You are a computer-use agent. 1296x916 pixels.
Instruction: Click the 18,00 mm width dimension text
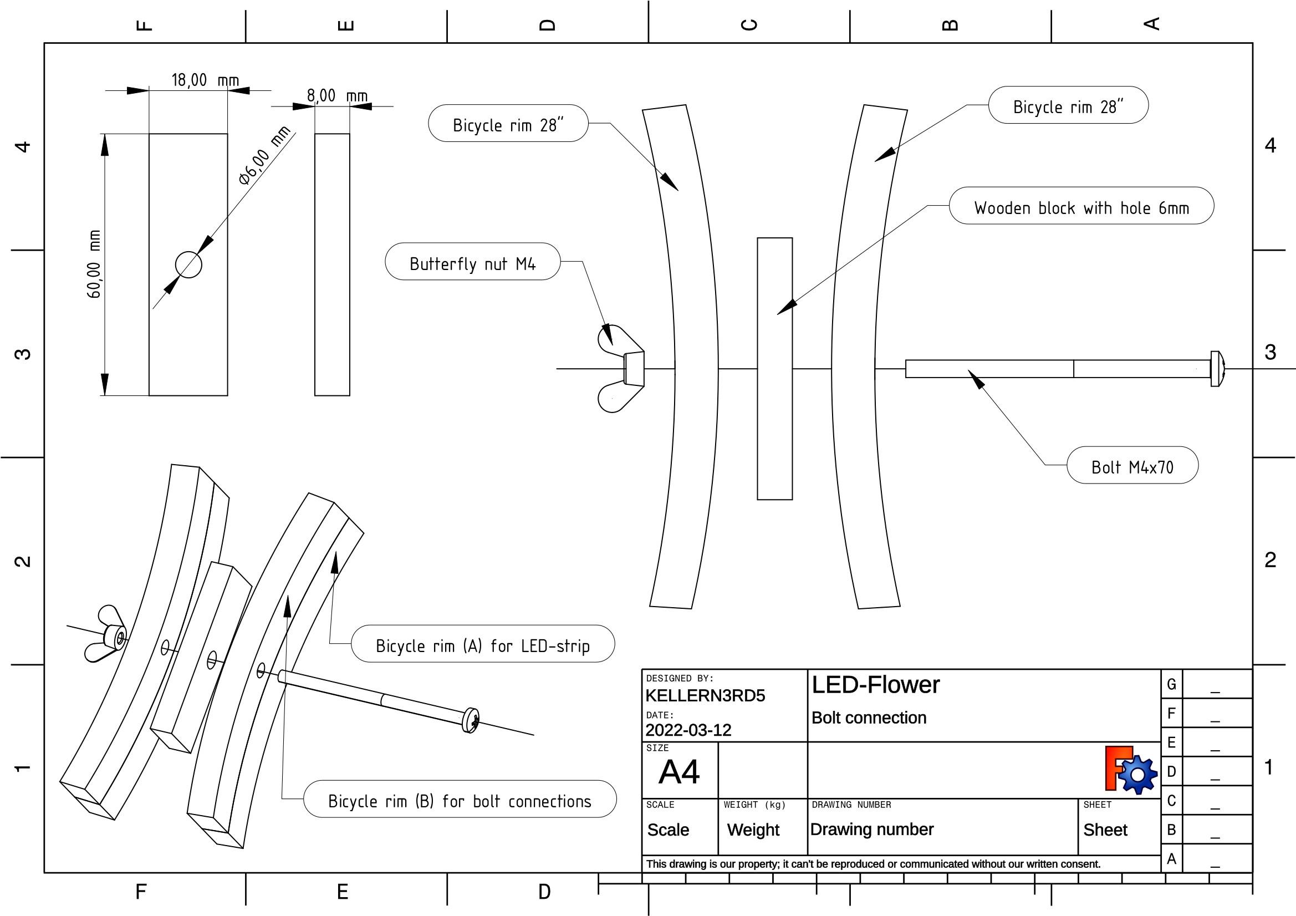[205, 80]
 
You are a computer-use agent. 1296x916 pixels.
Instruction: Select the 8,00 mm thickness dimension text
[337, 96]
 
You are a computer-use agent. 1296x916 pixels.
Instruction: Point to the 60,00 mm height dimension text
[94, 264]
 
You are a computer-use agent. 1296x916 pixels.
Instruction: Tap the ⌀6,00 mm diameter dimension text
[264, 155]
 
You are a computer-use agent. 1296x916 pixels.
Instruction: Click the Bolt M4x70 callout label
[1132, 467]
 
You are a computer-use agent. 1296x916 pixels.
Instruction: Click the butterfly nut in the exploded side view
[620, 368]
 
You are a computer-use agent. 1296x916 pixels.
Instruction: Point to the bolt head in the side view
[1217, 369]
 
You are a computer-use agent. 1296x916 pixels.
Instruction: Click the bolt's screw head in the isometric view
[471, 720]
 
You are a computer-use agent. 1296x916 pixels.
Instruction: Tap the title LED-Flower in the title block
[875, 685]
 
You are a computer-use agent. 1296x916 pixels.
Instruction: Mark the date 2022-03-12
[688, 730]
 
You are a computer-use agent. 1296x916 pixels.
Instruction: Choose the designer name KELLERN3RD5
[705, 696]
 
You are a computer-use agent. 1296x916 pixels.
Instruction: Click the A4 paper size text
[679, 772]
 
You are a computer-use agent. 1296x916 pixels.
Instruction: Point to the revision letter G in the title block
[1171, 684]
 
